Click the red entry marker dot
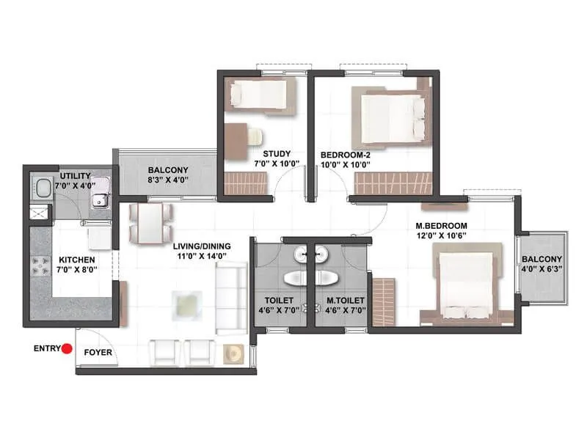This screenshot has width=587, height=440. [x=67, y=350]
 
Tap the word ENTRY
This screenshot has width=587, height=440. [x=46, y=350]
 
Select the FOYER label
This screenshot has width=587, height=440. [x=98, y=352]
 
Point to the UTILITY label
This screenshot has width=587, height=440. [x=76, y=176]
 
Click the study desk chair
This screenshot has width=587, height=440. [x=253, y=136]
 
